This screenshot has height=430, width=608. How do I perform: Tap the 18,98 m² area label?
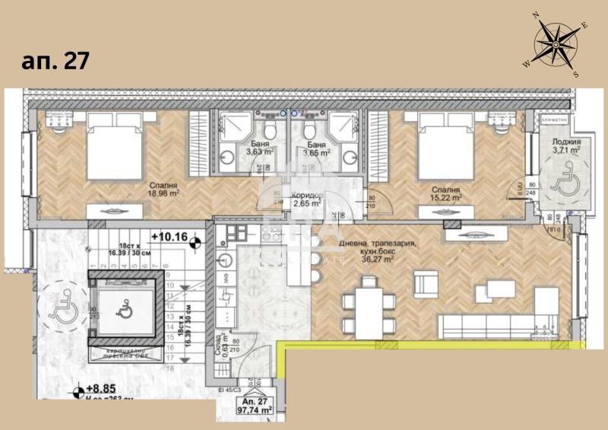pos(163,193)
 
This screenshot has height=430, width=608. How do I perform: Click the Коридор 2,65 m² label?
pos(307,199)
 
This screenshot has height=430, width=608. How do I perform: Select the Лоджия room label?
pos(565,142)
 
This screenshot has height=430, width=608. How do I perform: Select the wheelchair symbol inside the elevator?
pos(123,310)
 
